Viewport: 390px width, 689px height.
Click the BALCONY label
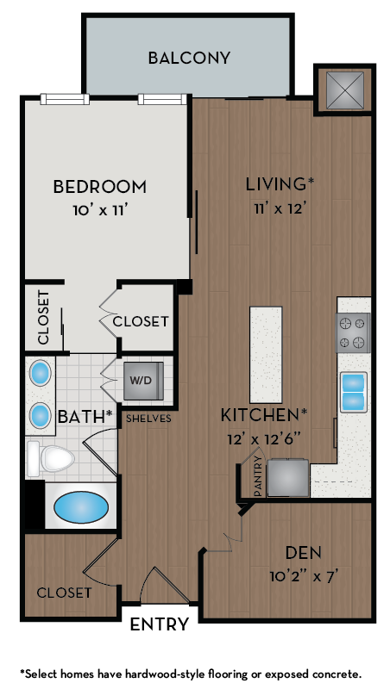(x=189, y=59)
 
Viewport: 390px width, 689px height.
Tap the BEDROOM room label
(x=99, y=186)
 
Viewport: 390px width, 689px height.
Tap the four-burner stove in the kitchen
(x=352, y=332)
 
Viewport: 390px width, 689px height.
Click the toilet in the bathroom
(x=49, y=457)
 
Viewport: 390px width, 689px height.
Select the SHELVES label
(x=148, y=419)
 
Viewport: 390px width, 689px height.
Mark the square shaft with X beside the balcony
(x=344, y=89)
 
